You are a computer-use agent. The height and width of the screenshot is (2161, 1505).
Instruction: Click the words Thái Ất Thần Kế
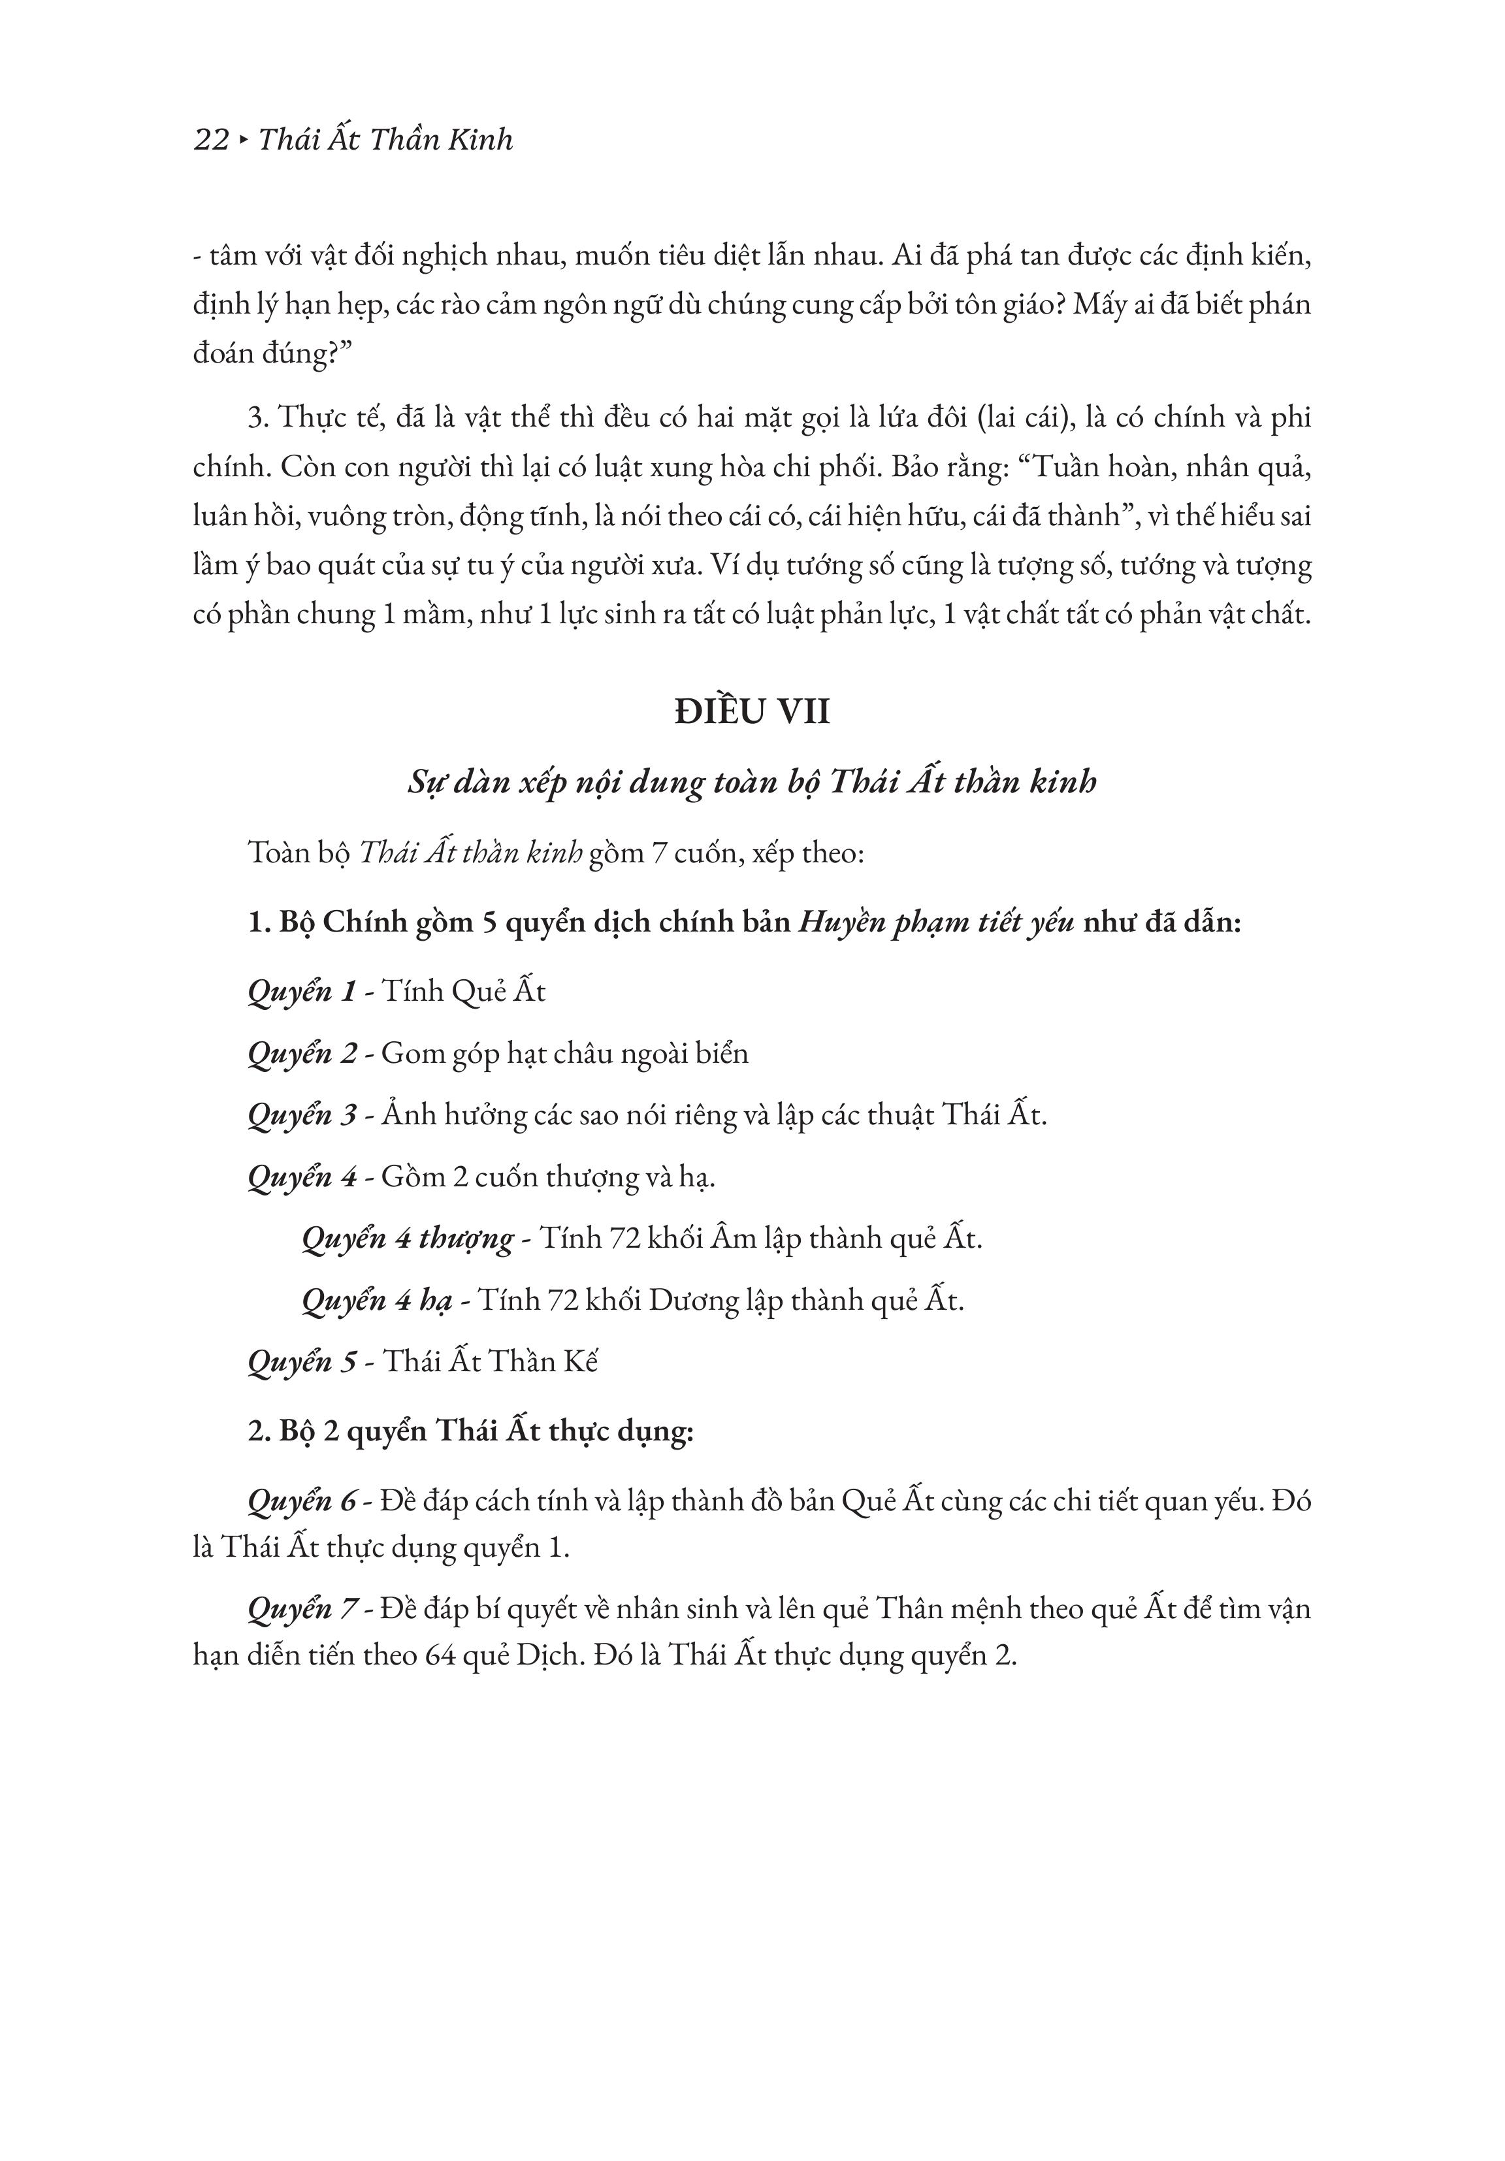pos(491,1362)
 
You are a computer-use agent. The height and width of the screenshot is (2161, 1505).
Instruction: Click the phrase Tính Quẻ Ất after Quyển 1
pos(463,992)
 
